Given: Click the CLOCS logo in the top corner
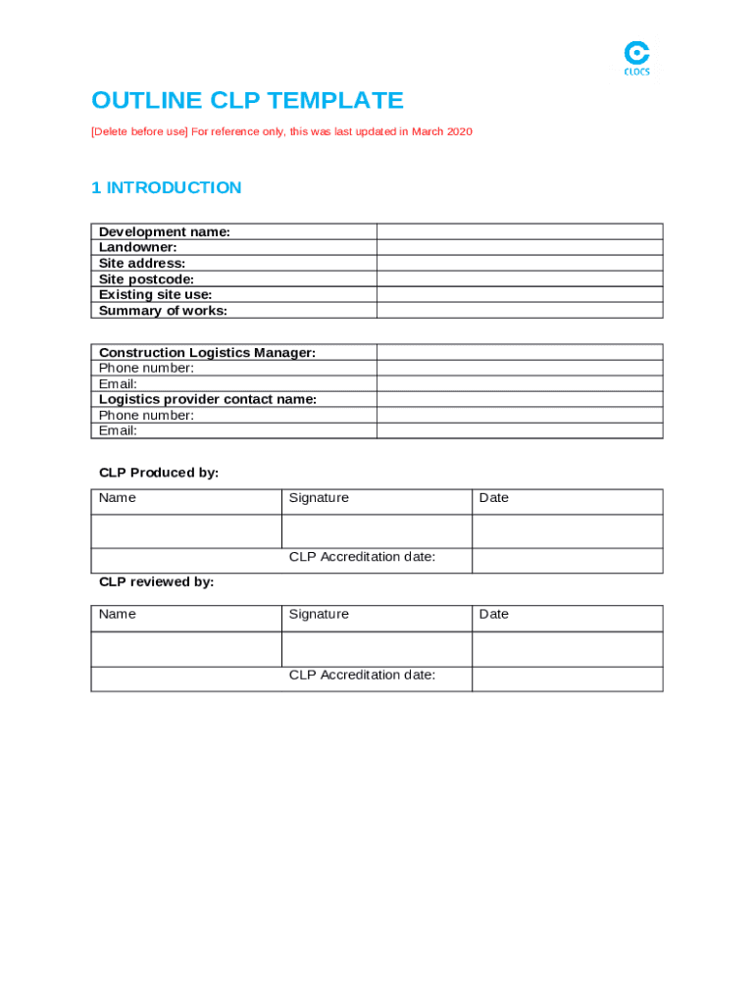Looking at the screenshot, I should (x=636, y=58).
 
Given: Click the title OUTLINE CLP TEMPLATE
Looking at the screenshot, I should (x=247, y=100).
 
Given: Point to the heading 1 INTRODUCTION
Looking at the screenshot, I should (x=166, y=187).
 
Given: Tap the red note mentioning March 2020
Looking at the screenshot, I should (x=281, y=131).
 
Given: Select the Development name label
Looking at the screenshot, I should (x=164, y=231).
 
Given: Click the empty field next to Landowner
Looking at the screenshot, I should (x=520, y=247).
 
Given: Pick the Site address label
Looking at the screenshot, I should (x=142, y=263).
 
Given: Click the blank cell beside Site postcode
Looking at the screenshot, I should (x=520, y=278).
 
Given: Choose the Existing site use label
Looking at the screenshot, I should (x=155, y=294).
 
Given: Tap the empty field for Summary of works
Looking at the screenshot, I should (x=520, y=310).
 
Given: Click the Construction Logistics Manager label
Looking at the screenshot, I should (x=207, y=352).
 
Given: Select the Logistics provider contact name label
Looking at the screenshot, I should (x=208, y=399).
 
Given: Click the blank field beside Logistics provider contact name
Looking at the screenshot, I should (x=520, y=399).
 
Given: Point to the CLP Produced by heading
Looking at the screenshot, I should (x=159, y=473).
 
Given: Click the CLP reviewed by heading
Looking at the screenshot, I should (x=156, y=581).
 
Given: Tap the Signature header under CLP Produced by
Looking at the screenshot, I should (x=319, y=498).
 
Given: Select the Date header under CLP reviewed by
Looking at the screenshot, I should (x=493, y=614).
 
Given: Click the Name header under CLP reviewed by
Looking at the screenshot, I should (x=118, y=614).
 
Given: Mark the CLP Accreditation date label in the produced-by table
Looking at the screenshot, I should (x=362, y=557).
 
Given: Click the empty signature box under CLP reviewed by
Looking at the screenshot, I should (x=377, y=649).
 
